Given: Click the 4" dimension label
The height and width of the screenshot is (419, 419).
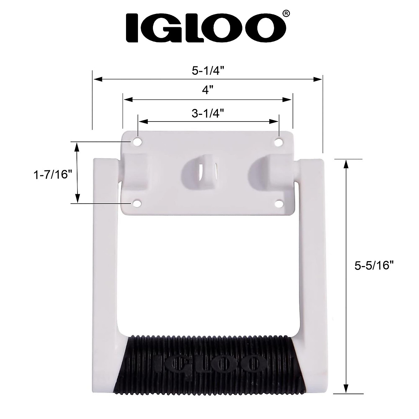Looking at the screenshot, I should click(208, 90).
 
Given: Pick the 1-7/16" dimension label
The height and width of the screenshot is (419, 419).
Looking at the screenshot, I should click(51, 174).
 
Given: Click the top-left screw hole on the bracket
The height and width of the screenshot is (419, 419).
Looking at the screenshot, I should click(137, 142).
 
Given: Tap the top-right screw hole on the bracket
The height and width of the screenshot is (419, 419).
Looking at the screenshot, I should click(279, 142).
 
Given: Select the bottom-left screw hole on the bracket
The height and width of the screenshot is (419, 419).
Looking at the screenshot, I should click(137, 203).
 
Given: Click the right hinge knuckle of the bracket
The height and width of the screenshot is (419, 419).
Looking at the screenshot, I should click(276, 169).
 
